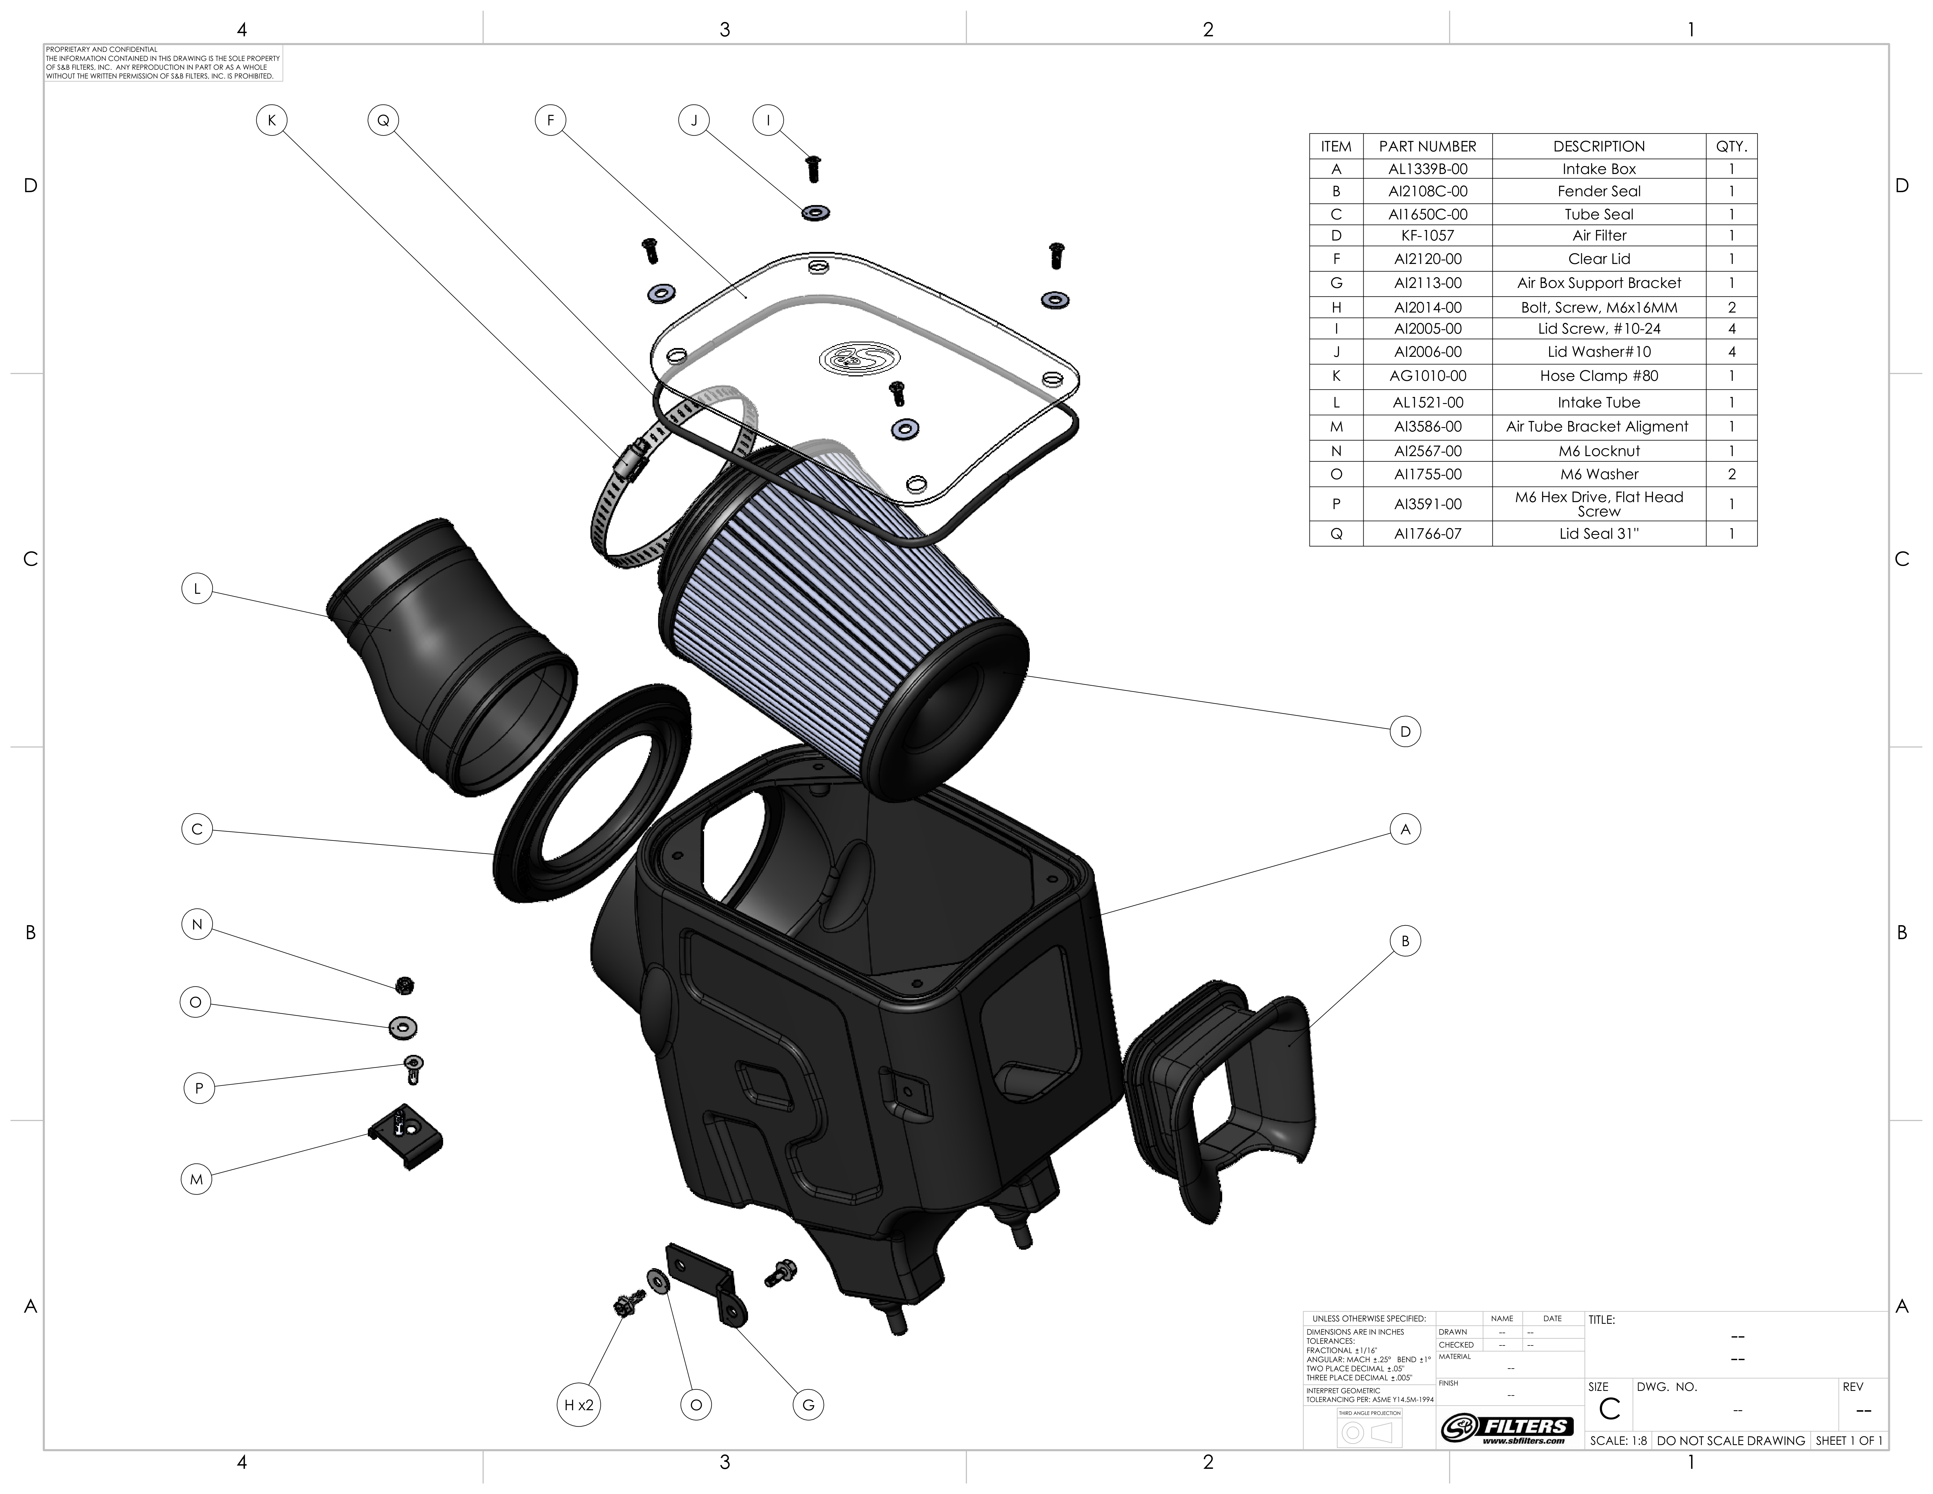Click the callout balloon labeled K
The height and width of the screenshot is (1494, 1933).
(272, 120)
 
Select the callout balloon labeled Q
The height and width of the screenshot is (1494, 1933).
(383, 120)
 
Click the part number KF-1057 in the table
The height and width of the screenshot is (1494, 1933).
(1427, 236)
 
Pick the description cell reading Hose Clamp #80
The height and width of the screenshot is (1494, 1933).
(1599, 376)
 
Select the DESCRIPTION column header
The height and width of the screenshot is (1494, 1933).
(1599, 146)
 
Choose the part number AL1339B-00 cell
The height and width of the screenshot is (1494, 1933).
(1427, 169)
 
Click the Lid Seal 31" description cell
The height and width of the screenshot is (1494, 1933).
(1599, 534)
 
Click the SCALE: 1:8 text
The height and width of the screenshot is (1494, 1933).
(1618, 1441)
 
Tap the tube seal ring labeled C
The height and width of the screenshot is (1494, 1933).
(591, 793)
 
